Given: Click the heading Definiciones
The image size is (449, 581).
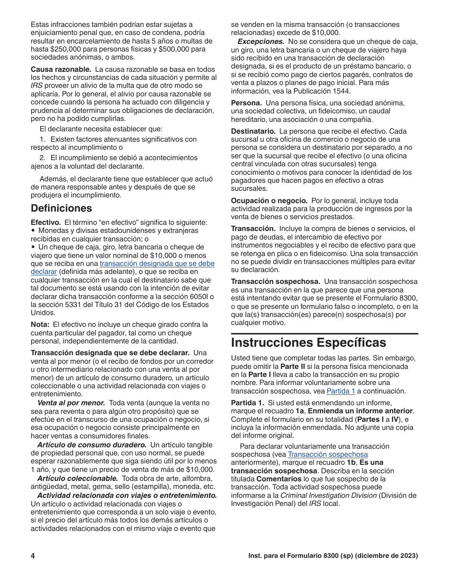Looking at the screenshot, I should [x=61, y=208].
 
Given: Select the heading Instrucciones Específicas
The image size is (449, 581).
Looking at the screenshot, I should [x=308, y=342].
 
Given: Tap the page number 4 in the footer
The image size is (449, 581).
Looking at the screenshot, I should [x=33, y=556].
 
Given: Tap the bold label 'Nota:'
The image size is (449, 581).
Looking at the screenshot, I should [x=40, y=325].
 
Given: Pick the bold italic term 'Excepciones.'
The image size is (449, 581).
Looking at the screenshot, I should [x=260, y=42].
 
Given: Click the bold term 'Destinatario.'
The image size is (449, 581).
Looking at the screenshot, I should [x=253, y=131].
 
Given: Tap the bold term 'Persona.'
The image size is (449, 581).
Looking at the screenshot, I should [x=246, y=103].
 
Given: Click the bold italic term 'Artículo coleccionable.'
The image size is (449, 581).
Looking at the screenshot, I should [x=78, y=478].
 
